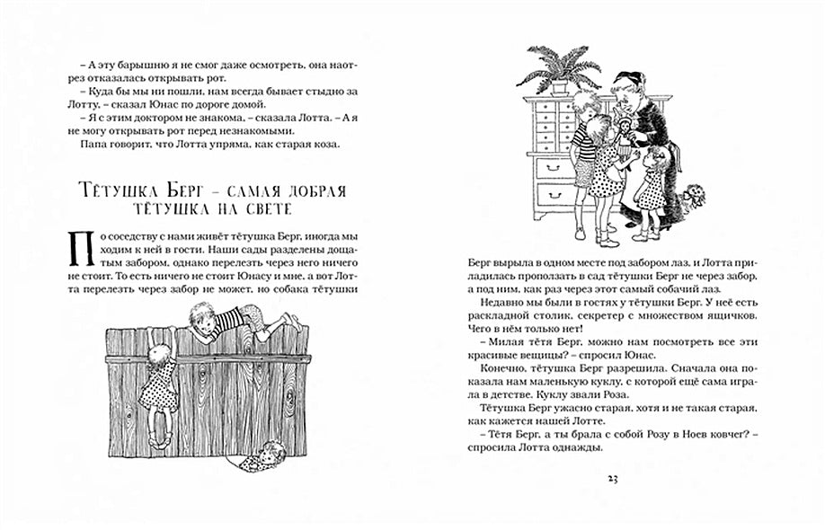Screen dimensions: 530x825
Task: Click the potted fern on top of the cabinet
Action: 559,68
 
